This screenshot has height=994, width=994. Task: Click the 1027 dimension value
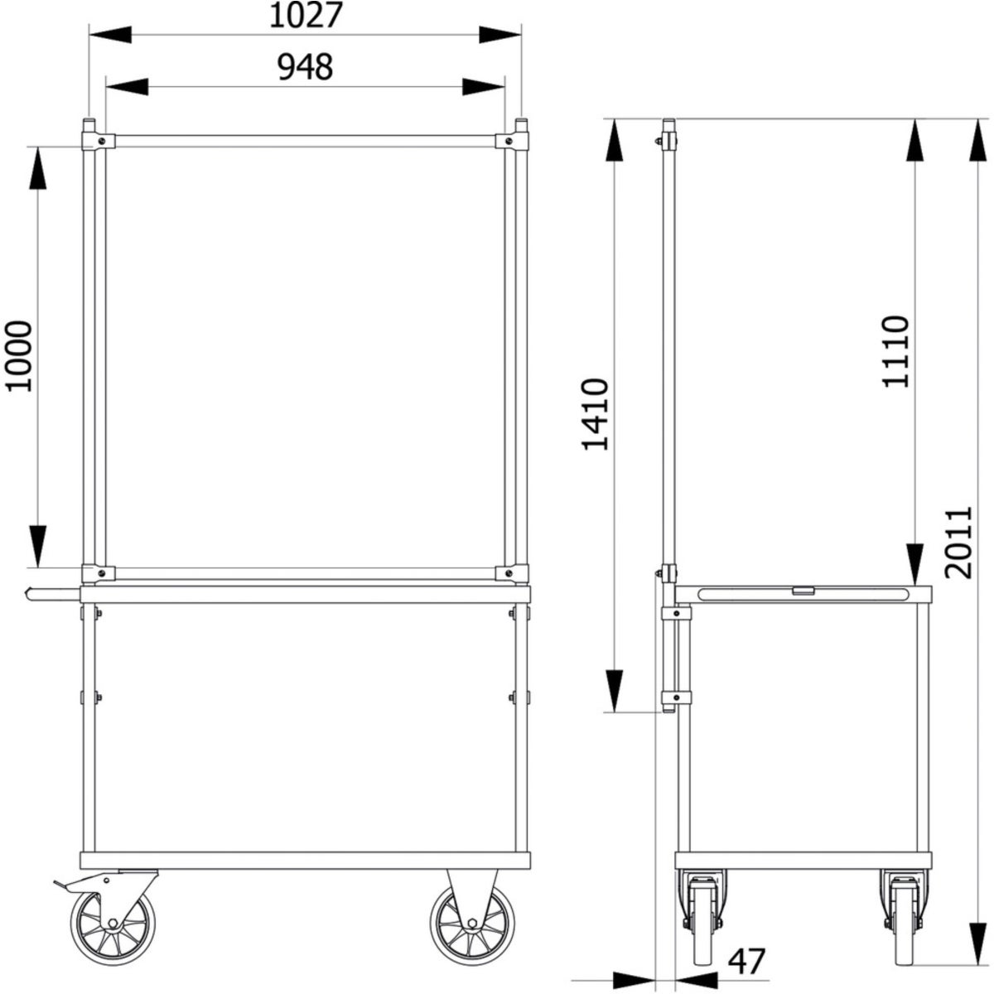(x=306, y=16)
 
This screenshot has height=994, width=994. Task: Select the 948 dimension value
(x=305, y=67)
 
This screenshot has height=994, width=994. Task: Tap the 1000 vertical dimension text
(x=18, y=356)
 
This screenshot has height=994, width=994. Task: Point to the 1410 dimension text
(x=596, y=414)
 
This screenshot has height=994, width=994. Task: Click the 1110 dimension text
(x=895, y=351)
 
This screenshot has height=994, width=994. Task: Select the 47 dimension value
(x=746, y=961)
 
